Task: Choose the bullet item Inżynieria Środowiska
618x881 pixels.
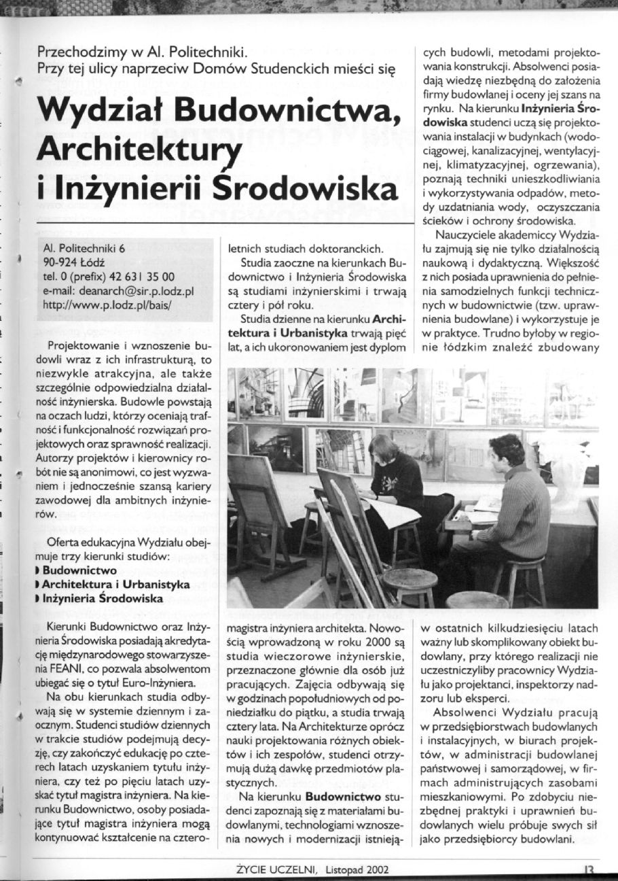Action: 102,599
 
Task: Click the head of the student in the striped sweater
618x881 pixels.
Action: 507,450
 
